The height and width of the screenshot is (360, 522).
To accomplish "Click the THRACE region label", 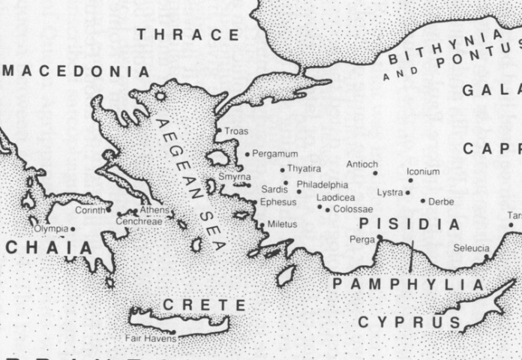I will coord(187,34).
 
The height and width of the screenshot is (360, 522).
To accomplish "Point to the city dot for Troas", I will coord(219,131).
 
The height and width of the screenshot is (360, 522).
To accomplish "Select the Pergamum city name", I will coord(275,154).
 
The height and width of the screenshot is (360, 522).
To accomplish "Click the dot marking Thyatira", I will coord(283,169).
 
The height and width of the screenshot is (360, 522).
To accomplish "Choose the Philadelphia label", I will coord(322,184).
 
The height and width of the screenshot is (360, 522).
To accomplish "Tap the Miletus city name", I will coord(282,224).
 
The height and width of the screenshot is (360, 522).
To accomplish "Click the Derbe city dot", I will coord(423,201).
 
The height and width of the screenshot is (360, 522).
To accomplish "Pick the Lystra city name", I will coord(390,193).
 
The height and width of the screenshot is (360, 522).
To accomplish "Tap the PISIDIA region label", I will coord(409,224).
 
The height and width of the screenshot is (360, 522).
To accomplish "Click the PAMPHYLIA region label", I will coord(409,285).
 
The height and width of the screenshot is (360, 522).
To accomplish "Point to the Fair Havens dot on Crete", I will coord(173,331).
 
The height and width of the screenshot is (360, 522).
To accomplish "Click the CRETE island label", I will coord(204,305).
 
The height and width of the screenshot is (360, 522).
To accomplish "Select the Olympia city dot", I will coord(73,229).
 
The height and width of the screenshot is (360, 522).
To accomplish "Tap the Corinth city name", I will coord(89,210).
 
